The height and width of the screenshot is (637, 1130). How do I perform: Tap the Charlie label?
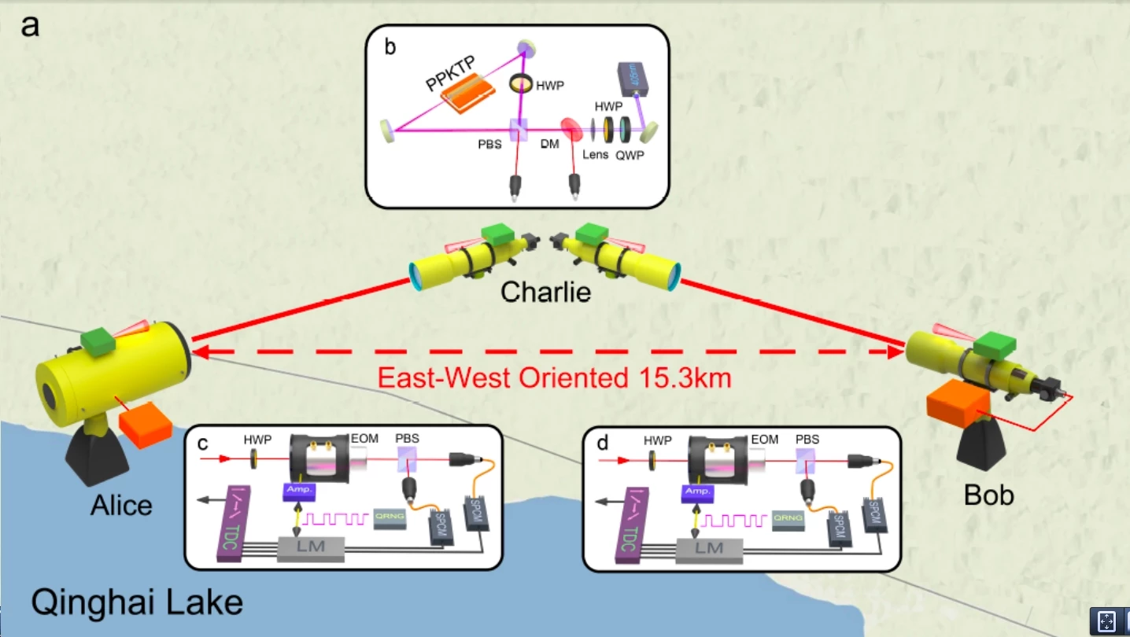click(x=545, y=293)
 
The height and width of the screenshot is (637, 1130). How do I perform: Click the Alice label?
click(x=121, y=504)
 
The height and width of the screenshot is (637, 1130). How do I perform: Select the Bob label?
click(x=988, y=494)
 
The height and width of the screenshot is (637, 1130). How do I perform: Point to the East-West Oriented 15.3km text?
click(x=555, y=378)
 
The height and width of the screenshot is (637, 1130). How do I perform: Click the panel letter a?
click(x=30, y=27)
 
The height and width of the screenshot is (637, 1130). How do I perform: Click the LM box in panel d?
click(x=708, y=548)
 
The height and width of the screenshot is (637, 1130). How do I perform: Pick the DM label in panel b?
click(x=549, y=145)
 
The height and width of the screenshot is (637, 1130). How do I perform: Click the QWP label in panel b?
click(x=630, y=155)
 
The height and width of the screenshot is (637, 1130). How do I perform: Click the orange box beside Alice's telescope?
click(x=146, y=425)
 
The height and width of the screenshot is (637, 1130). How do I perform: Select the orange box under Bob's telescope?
click(x=958, y=407)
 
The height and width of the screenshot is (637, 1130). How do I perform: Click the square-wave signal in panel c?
click(x=337, y=518)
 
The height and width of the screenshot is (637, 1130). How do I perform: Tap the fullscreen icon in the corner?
click(x=1106, y=620)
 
